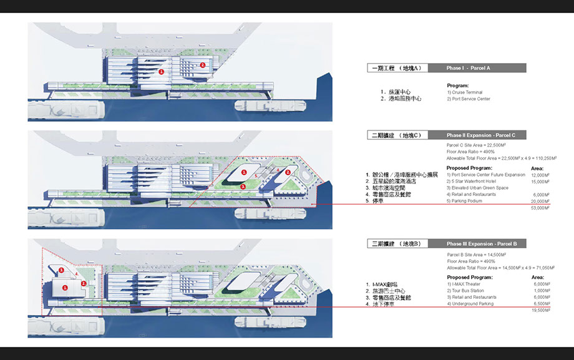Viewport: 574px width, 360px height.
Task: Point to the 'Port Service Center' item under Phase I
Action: pyautogui.click(x=469, y=99)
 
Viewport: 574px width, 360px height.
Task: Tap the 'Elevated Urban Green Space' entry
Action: pyautogui.click(x=477, y=188)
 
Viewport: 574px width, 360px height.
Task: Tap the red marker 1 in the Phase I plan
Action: pyautogui.click(x=162, y=72)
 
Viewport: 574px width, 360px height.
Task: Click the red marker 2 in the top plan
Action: pyautogui.click(x=202, y=65)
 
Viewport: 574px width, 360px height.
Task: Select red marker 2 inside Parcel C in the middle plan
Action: pyautogui.click(x=288, y=172)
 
